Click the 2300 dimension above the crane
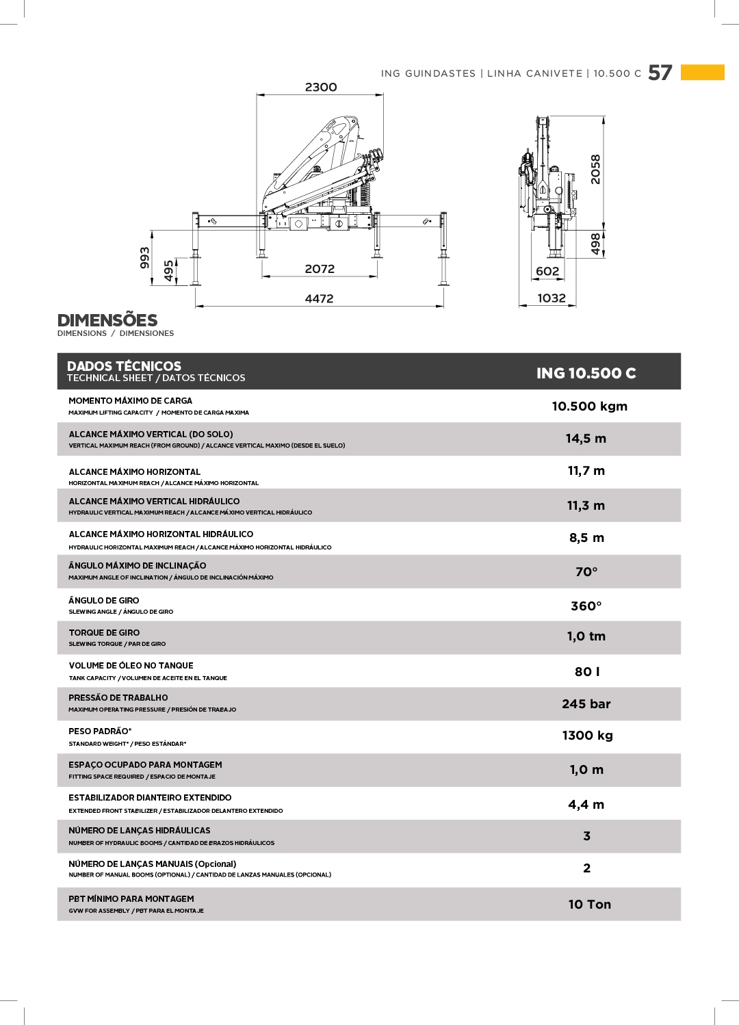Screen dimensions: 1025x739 tap(321, 87)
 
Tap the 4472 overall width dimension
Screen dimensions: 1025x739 tap(319, 298)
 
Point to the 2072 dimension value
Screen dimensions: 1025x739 tap(320, 269)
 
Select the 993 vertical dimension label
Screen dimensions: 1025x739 tap(144, 257)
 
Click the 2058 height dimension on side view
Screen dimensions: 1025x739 tap(595, 169)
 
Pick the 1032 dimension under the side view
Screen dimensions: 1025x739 tap(552, 298)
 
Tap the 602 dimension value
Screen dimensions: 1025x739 tap(547, 271)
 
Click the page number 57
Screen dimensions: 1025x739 tap(660, 73)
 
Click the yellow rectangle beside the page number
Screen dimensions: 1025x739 tap(702, 72)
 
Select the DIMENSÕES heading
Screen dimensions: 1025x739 tap(107, 320)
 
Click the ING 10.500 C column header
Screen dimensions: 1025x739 tap(586, 373)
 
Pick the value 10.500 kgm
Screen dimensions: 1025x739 tap(589, 406)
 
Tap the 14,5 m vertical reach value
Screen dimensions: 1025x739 tap(586, 439)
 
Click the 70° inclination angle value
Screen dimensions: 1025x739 tap(586, 571)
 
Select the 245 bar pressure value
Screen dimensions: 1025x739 tap(586, 703)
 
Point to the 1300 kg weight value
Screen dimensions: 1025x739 tap(587, 736)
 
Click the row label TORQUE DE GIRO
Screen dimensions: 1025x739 tap(104, 633)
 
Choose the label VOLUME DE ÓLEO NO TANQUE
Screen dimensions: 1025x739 tap(131, 665)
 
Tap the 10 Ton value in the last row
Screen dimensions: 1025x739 tap(589, 904)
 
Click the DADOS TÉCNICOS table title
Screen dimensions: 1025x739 tap(124, 366)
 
